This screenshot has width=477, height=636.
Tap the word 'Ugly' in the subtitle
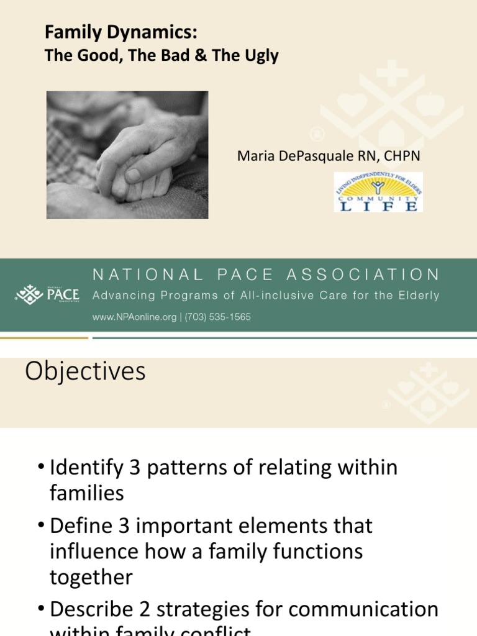pos(263,56)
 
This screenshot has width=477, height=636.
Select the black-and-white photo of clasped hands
pos(127,155)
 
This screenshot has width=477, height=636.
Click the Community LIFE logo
pos(378,192)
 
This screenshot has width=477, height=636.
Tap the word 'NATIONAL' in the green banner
pos(147,275)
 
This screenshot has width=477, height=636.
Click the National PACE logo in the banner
pos(48,294)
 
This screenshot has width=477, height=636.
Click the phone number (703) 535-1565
pos(219,317)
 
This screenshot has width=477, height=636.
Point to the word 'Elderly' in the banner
pos(417,296)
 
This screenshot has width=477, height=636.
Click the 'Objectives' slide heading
pos(85,371)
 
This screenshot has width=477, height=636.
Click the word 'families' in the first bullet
pos(87,493)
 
